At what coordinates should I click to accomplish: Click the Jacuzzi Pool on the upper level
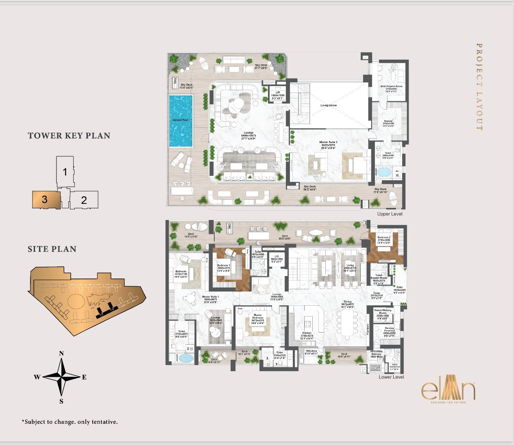181,121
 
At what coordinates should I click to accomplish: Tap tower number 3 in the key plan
45,199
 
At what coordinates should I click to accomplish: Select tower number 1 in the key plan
65,172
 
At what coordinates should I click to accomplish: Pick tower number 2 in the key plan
84,200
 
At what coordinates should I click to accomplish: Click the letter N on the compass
61,353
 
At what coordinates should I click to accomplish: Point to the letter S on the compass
61,402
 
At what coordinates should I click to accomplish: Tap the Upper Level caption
390,214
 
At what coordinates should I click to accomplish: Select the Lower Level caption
391,377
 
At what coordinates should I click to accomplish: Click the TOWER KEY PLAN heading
69,136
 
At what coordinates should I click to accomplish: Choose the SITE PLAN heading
52,249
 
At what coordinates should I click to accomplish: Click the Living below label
329,106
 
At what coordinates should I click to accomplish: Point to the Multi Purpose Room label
391,86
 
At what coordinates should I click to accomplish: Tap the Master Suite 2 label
328,143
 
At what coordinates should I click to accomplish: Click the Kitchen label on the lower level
307,333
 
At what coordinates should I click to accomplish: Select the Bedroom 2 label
383,238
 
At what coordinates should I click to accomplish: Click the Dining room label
347,302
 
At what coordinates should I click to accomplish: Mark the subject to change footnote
70,422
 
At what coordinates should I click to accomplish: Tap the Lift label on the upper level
278,93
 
